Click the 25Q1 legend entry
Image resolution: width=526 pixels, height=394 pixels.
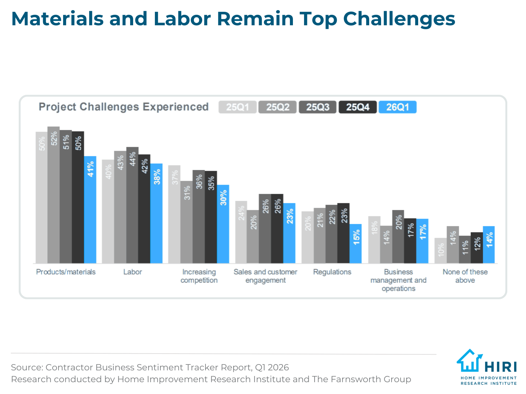point(237,107)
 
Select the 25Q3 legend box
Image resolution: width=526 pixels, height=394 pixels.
point(318,107)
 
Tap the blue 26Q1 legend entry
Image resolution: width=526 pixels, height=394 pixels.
point(397,107)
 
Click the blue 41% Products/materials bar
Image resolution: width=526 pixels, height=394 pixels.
point(90,210)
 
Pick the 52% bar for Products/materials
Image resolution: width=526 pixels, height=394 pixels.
point(54,195)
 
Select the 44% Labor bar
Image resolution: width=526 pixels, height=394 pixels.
point(132,205)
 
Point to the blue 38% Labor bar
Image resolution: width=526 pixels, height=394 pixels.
point(156,213)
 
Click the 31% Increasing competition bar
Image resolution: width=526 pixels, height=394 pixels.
point(186,222)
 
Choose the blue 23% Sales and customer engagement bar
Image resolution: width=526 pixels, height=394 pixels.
point(289,233)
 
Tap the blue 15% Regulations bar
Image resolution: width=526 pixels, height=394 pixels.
point(356,244)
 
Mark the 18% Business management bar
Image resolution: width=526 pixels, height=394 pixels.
point(374,240)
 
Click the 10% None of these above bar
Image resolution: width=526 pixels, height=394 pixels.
point(441,251)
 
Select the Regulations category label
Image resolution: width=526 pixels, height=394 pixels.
point(332,272)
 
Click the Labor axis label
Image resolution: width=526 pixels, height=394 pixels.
point(132,272)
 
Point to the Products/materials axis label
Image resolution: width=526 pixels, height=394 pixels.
point(66,272)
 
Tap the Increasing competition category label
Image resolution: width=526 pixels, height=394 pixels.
point(199,276)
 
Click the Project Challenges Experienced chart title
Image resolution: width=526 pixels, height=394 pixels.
point(124,107)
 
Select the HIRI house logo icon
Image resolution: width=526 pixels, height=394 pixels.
point(469,361)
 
